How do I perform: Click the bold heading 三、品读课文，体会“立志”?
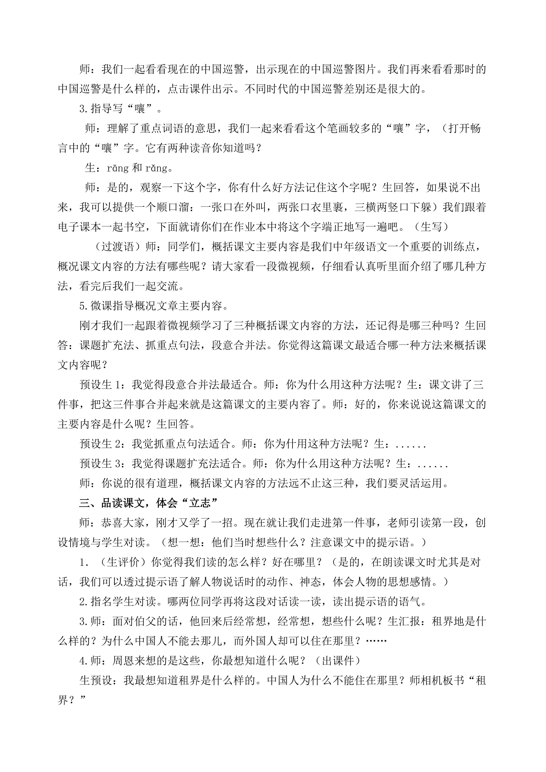(149, 503)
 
